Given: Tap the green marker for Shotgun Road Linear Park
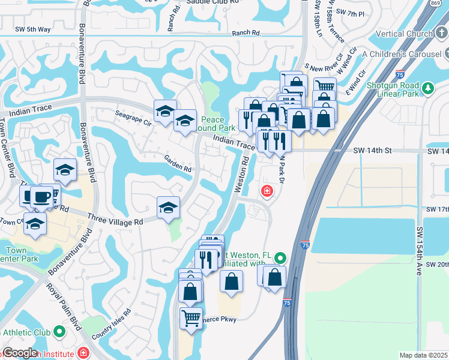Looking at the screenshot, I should click(428, 89).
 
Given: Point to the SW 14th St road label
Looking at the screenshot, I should click(372, 151).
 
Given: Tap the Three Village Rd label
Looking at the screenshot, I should click(115, 220).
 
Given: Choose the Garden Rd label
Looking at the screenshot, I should click(178, 164).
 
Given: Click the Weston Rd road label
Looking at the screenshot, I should click(242, 174).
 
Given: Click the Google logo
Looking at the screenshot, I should click(20, 353).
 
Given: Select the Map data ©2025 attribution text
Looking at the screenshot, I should click(423, 355).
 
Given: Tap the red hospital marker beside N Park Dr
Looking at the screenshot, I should click(265, 192).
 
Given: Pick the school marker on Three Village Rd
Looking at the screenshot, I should click(168, 208).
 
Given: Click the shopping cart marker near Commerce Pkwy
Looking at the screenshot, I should click(191, 318).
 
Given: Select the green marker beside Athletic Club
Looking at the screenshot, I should click(59, 331).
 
